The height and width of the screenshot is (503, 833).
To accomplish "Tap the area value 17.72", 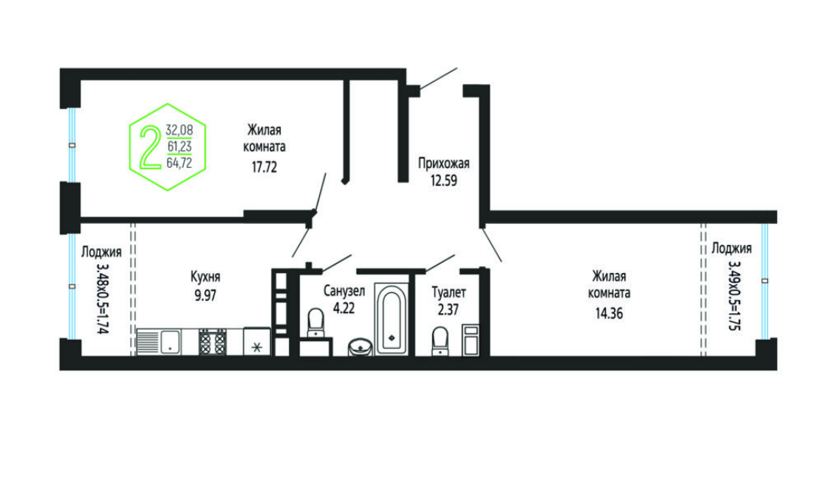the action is tap(264, 167).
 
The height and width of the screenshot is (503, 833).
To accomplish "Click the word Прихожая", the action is tap(443, 163).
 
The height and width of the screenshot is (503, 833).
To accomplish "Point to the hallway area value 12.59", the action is tap(443, 181).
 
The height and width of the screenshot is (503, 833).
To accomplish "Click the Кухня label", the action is tap(205, 277).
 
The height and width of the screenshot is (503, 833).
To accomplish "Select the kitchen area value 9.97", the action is tap(205, 295).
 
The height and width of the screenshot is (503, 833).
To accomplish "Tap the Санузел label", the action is tap(343, 291).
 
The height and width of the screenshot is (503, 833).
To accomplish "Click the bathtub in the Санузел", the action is tap(391, 318).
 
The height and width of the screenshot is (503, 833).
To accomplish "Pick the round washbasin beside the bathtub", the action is tap(360, 347).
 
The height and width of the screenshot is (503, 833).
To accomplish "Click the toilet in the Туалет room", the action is tap(440, 340).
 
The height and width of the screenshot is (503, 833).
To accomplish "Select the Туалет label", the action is tap(449, 292).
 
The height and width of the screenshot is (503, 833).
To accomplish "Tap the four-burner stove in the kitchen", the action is tap(213, 342).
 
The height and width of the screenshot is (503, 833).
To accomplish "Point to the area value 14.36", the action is tap(609, 313).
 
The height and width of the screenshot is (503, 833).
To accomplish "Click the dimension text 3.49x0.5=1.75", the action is tap(734, 295).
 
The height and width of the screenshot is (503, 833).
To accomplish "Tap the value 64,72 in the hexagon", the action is tap(179, 163).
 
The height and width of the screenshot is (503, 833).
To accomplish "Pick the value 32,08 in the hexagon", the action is tap(179, 130).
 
